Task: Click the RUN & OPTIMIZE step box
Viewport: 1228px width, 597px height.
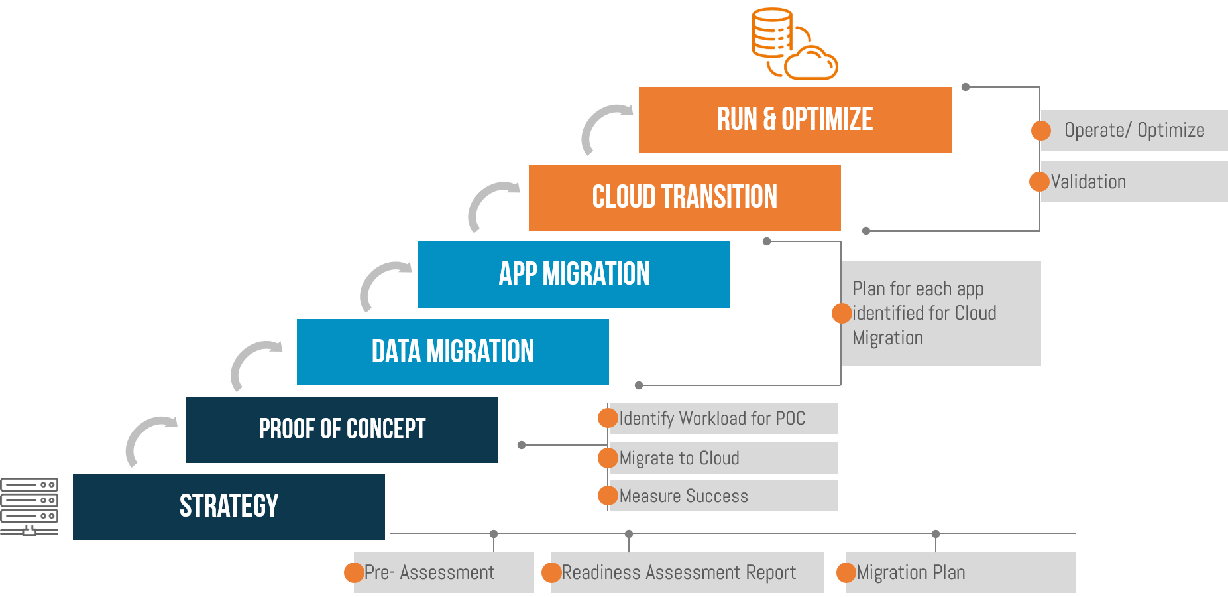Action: point(795,120)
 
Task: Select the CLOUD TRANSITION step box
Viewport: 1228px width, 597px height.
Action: point(685,198)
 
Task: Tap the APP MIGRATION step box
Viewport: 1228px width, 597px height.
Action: point(574,275)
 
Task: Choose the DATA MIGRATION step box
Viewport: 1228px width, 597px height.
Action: point(453,352)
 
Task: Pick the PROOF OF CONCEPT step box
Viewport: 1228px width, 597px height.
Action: point(342,430)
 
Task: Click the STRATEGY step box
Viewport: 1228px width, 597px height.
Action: point(229,507)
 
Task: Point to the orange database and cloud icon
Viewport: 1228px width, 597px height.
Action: point(794,44)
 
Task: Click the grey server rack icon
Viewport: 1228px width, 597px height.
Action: point(29,506)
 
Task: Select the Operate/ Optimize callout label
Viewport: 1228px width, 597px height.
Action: point(1134,131)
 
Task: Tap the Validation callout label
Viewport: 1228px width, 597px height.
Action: point(1089,182)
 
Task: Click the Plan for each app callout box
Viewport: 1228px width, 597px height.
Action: point(941,313)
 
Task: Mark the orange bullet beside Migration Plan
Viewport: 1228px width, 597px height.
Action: point(846,572)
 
